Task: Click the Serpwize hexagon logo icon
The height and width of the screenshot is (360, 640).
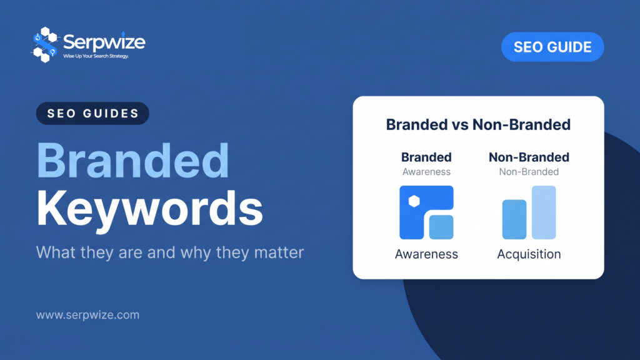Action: (45, 44)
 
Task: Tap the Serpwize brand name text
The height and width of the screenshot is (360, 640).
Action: (104, 42)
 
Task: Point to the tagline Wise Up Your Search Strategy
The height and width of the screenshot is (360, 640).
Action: (96, 56)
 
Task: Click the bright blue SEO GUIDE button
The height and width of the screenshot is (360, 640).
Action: (552, 47)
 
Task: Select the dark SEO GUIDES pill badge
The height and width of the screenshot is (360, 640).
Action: (92, 113)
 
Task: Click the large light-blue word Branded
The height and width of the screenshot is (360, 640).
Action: (133, 161)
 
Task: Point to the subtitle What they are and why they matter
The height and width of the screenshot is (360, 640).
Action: (170, 252)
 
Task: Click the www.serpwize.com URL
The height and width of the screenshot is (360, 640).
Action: (87, 315)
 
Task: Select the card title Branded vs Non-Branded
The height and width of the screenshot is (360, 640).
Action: (478, 124)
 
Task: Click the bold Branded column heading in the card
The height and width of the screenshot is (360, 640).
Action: (426, 157)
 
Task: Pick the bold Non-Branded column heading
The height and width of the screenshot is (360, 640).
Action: (529, 157)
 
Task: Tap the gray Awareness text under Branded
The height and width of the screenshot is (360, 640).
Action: (426, 172)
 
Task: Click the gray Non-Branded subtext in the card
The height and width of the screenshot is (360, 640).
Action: (529, 172)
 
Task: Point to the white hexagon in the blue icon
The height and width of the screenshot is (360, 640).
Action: (414, 201)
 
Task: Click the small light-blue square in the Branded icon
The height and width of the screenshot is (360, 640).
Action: (441, 227)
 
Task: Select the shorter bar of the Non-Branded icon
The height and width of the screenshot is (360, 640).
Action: (514, 219)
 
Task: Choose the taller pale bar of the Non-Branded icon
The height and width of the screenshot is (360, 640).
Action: (544, 212)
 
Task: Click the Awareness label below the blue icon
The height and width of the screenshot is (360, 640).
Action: (426, 254)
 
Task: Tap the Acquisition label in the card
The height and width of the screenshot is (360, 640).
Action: (529, 254)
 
